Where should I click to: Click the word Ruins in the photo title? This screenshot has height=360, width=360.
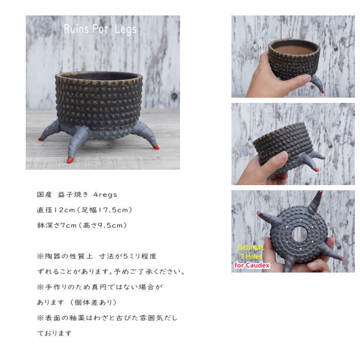76,29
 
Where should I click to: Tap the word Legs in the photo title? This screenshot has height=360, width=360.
125,30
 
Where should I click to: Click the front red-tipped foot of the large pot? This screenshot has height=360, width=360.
70,160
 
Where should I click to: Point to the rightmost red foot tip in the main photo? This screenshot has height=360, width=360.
156,147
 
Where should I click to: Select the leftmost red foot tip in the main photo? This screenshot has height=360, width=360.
41,139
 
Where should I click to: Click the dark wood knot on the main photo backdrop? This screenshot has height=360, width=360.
174,96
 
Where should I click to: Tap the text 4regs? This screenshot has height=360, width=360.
105,195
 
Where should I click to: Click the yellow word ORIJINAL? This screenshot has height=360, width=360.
251,248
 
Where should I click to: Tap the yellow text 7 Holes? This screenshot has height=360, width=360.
251,257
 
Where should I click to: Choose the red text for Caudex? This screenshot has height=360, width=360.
252,265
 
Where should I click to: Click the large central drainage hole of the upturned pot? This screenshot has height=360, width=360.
299,234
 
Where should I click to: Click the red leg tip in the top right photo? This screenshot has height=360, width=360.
322,92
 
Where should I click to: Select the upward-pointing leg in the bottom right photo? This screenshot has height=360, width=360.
315,202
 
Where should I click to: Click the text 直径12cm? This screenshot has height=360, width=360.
56,210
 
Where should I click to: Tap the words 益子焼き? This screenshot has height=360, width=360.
73,195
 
